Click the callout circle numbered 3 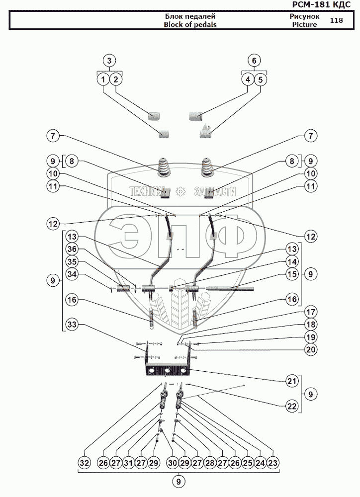click(109, 60)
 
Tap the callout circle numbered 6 click(254, 60)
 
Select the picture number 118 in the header click(336, 20)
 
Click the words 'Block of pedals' click(190, 25)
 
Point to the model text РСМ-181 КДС click(321, 4)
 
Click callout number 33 click(72, 324)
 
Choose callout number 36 click(72, 249)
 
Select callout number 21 click(292, 381)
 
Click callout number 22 click(292, 406)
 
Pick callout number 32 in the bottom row click(85, 463)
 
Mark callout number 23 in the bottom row click(273, 463)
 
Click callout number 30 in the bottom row click(172, 463)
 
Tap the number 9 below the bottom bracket click(179, 482)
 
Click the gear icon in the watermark click(180, 191)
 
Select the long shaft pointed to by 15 click(230, 288)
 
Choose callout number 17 click(311, 312)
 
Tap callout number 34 click(72, 274)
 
